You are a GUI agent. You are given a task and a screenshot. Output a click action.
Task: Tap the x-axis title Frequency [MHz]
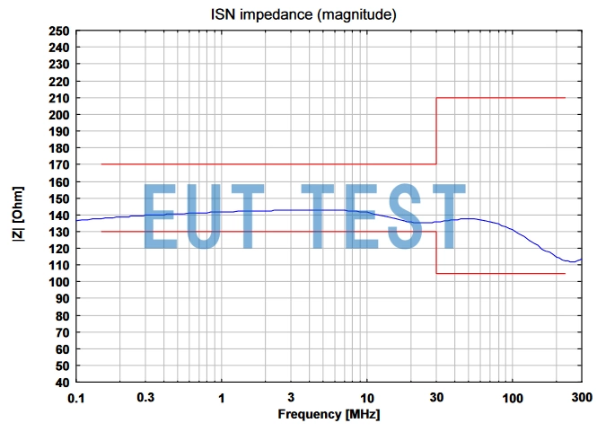[x=328, y=414]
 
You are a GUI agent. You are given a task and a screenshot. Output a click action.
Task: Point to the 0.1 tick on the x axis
[x=76, y=396]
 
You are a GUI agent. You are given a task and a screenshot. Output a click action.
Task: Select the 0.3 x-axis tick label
[x=145, y=396]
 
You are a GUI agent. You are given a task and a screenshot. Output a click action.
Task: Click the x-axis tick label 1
[x=221, y=396]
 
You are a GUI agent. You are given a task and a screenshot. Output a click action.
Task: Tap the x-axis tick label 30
[x=436, y=396]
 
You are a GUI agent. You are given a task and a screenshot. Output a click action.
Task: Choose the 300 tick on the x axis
[x=582, y=396]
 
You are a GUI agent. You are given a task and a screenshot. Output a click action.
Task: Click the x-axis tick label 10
[x=366, y=396]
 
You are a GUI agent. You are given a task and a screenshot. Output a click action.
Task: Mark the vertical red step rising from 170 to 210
[x=436, y=131]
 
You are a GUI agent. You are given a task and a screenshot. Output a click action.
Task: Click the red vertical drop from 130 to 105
[x=436, y=252]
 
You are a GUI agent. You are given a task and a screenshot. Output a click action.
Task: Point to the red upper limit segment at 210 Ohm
[x=500, y=98]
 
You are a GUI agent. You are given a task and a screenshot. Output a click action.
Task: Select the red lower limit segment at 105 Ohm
[x=500, y=273]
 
